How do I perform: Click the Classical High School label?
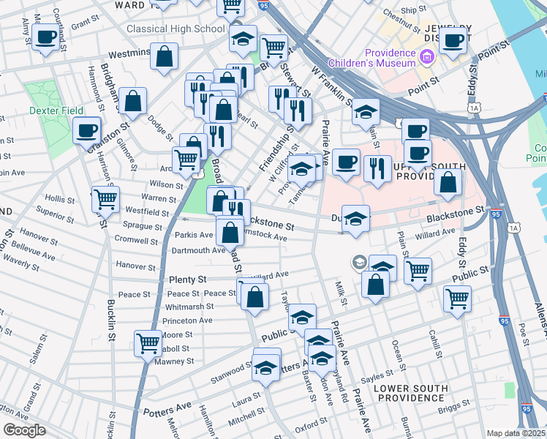click(x=176, y=29)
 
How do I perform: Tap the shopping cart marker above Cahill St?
click(x=457, y=298)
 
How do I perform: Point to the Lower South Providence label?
click(x=410, y=393)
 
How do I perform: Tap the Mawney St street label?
click(x=174, y=361)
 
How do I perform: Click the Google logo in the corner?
click(x=24, y=430)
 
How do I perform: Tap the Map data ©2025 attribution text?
click(x=516, y=433)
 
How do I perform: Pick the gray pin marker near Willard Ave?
click(x=358, y=261)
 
